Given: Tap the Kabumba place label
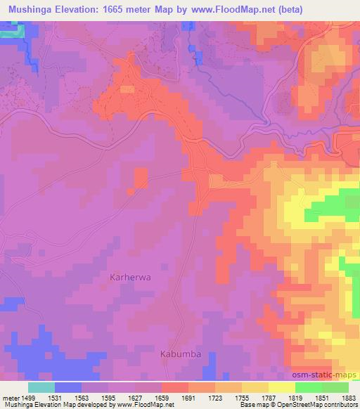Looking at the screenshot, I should [x=181, y=353].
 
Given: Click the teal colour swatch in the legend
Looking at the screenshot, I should [x=41, y=387].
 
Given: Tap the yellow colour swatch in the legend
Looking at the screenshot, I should [x=281, y=387].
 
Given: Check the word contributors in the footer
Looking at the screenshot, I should [x=340, y=405].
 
